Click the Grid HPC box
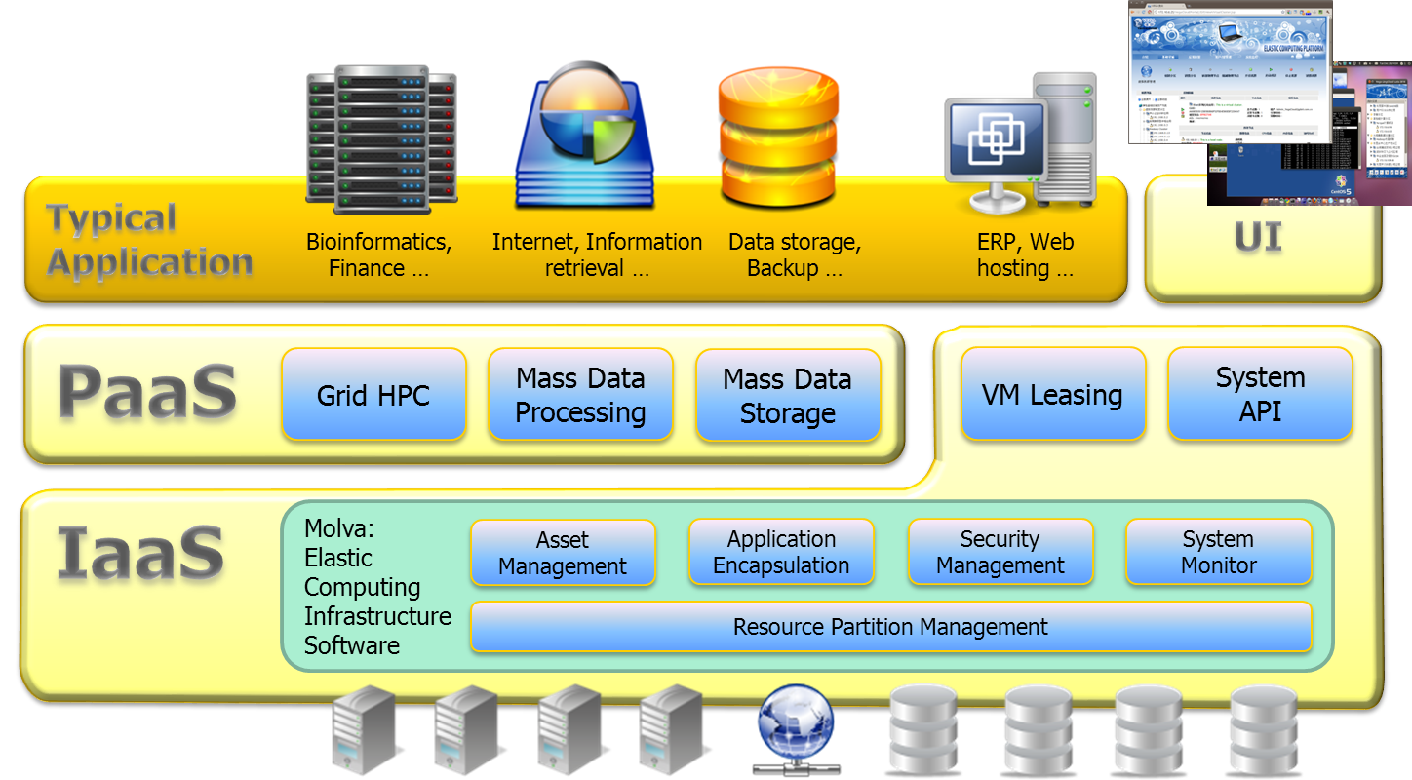(x=373, y=395)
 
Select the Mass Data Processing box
(x=580, y=395)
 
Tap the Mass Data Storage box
(x=788, y=396)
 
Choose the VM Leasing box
(x=1052, y=395)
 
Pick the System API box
(x=1260, y=394)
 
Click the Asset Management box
(x=563, y=553)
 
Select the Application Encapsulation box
(x=781, y=553)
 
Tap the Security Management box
(x=1000, y=553)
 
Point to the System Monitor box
(x=1218, y=553)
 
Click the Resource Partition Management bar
(x=890, y=626)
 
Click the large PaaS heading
(x=147, y=392)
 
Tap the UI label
(x=1258, y=237)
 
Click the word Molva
(x=337, y=529)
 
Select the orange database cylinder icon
(x=778, y=134)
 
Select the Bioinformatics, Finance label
(x=378, y=254)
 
